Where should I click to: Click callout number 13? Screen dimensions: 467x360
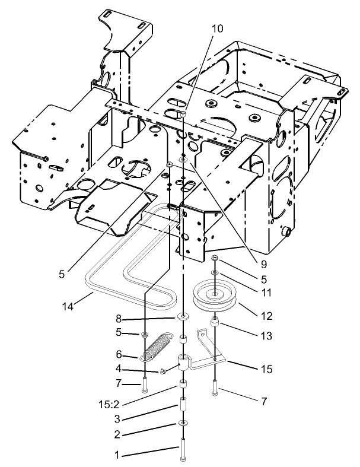point(266,336)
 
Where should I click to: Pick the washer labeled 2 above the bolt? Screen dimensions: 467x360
point(183,424)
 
